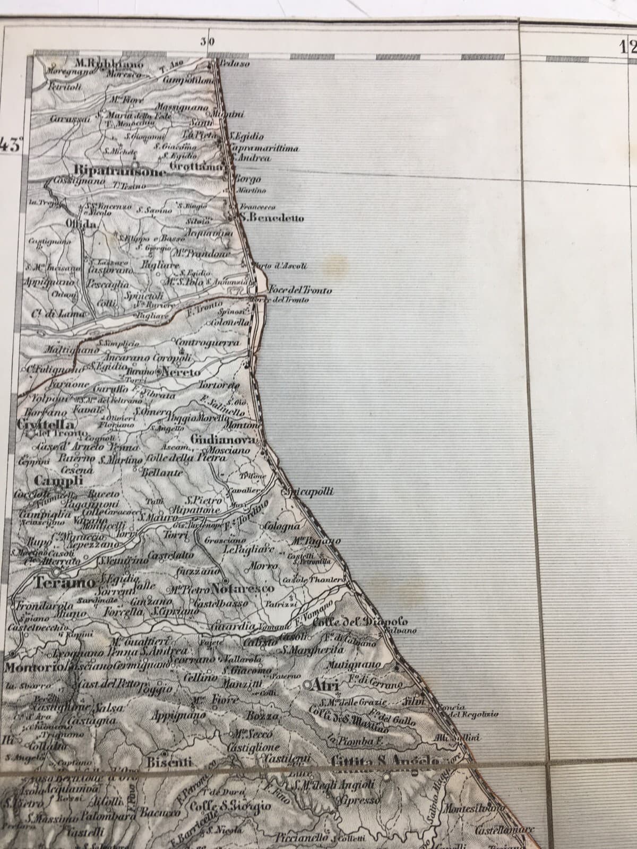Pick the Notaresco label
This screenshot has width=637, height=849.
(243, 589)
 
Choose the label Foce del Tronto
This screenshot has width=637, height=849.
(300, 290)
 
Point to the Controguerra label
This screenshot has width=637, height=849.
(207, 343)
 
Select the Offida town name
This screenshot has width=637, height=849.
(81, 224)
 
